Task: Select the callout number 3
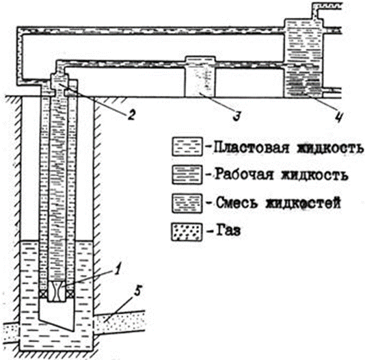(237, 116)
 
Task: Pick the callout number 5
(138, 291)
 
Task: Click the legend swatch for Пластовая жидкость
(187, 146)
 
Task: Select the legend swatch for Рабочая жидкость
(187, 175)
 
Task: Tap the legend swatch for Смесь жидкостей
(187, 203)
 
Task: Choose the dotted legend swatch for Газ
(187, 232)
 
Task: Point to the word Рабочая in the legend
(244, 175)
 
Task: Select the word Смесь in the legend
(237, 203)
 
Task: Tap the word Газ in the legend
(228, 231)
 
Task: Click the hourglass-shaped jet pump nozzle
(57, 292)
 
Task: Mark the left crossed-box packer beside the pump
(42, 294)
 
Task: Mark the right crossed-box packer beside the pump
(71, 294)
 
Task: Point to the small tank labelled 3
(200, 77)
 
